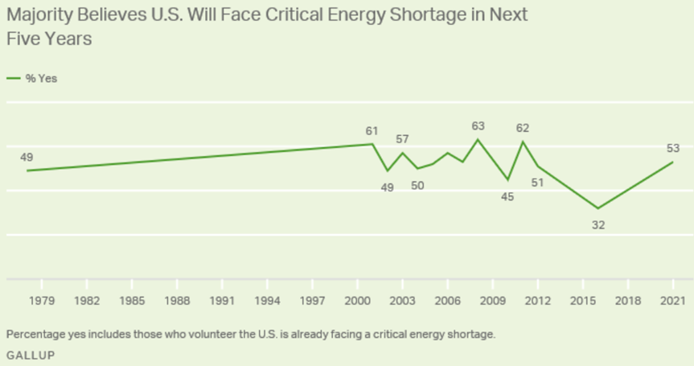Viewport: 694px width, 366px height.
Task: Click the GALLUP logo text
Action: tap(31, 354)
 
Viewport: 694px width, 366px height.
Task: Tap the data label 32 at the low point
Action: tap(597, 225)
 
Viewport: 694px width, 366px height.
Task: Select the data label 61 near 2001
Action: tap(371, 130)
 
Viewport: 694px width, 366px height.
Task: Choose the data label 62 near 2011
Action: tap(523, 127)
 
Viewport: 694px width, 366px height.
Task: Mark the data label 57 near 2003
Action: tap(403, 139)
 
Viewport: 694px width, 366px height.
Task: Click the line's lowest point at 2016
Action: tap(597, 208)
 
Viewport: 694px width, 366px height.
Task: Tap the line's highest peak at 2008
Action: tap(478, 139)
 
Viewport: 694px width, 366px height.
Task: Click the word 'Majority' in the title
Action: tap(42, 15)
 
